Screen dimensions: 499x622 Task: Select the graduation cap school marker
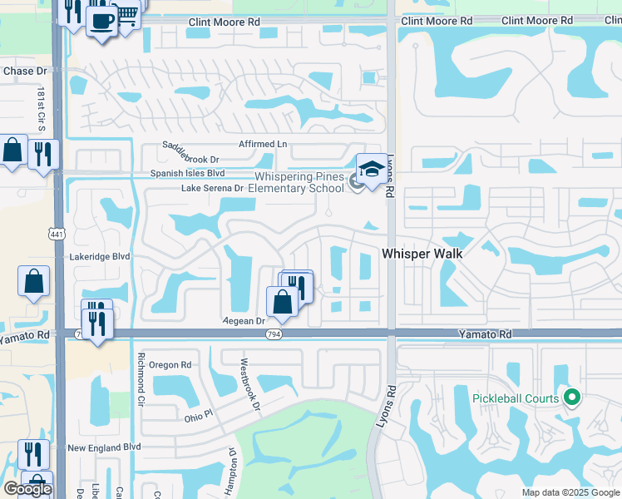pos(371,169)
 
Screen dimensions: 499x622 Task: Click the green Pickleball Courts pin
pos(570,398)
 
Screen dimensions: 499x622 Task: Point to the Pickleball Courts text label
pos(516,398)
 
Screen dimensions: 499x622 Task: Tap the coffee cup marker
pos(101,21)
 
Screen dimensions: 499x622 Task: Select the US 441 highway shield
pos(56,235)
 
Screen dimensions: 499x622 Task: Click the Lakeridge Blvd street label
pos(100,257)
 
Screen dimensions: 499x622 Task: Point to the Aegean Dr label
pos(243,320)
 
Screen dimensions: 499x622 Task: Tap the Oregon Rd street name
pos(170,364)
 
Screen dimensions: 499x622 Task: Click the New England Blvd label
pos(104,447)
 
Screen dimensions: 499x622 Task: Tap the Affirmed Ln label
pos(263,144)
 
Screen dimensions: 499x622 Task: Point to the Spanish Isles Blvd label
pos(187,173)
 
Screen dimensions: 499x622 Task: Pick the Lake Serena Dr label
pos(212,189)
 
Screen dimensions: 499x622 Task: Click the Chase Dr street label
pos(18,72)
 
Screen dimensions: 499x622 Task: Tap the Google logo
pos(27,489)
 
